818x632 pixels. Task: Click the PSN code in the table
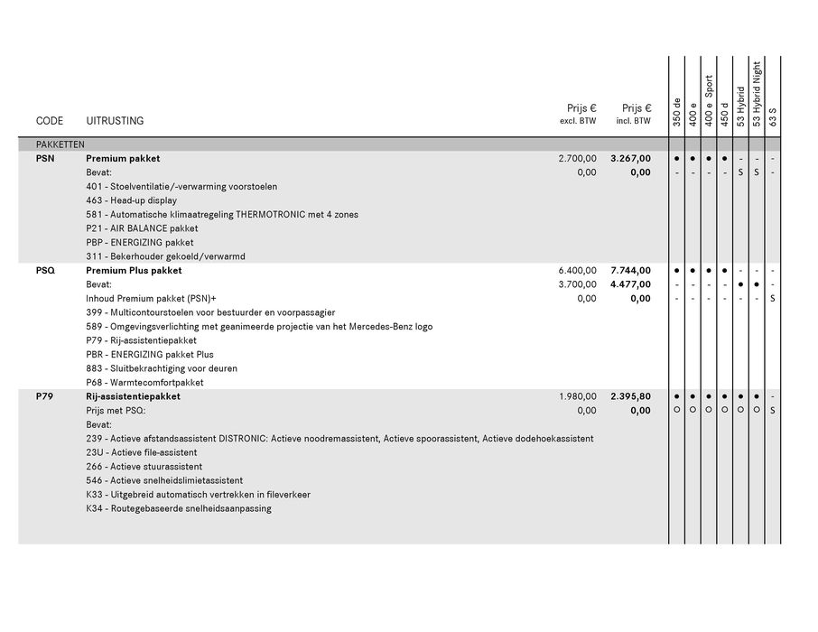click(45, 159)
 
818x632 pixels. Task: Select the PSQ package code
click(45, 271)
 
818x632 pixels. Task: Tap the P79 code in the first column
click(45, 396)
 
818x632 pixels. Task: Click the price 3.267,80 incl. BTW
click(630, 159)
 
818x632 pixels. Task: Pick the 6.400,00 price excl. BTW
click(578, 271)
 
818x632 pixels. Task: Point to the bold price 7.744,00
click(630, 271)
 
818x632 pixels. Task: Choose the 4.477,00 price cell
click(630, 284)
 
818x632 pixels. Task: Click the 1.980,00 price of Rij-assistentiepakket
click(578, 396)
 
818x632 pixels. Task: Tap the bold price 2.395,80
click(630, 396)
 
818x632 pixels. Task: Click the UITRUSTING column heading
click(115, 121)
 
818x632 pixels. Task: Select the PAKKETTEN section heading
click(60, 144)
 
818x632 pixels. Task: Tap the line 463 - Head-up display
click(132, 200)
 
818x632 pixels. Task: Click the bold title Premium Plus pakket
click(134, 271)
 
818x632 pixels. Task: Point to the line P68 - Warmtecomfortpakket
click(144, 383)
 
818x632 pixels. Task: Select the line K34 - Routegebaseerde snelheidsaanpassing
click(179, 508)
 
